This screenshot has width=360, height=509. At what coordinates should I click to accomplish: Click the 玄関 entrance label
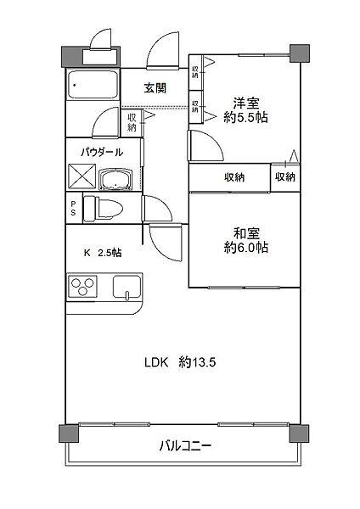point(155,88)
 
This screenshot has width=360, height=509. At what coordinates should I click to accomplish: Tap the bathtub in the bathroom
point(93,84)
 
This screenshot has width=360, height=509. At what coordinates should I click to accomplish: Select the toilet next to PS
point(103,209)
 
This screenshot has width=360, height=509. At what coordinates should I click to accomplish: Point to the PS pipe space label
point(73,208)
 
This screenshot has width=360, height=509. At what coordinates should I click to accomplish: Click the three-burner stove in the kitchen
point(82,287)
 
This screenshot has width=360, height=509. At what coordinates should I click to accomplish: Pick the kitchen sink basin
point(127,287)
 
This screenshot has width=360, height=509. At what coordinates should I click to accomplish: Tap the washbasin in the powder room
point(115,180)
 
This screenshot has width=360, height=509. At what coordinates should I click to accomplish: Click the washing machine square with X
point(82,176)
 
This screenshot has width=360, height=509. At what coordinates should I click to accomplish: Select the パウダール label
point(102,152)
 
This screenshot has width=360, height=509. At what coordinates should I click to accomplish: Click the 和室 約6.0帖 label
point(246,240)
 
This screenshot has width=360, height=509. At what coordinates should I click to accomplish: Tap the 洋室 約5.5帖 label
point(246,110)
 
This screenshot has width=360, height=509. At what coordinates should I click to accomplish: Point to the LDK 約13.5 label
point(180,362)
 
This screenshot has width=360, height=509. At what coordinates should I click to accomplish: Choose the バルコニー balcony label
point(186,445)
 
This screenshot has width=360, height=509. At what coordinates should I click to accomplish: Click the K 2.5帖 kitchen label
point(103,253)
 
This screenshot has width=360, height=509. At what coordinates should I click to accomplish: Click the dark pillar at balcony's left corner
point(69,433)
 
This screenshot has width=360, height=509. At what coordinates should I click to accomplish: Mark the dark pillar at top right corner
point(299,53)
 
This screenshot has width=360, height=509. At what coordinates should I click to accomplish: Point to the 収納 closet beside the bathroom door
point(132,122)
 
